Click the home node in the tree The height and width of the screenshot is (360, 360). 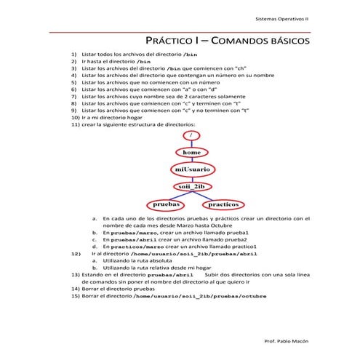coord(191,153)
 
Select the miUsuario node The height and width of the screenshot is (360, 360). coord(191,169)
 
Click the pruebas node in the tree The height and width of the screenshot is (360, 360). coord(167,205)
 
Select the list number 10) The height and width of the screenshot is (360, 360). coord(76,116)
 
